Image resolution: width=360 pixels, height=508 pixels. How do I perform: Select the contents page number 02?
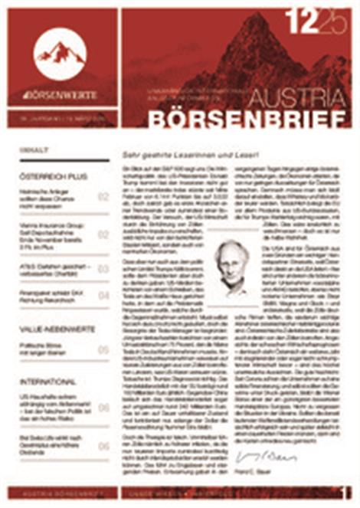[x=103, y=198]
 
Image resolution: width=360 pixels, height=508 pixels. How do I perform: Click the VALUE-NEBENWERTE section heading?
[x=57, y=329]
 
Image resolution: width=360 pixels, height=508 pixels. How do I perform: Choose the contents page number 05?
[x=103, y=350]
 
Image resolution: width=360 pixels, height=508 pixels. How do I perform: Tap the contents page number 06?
[x=103, y=408]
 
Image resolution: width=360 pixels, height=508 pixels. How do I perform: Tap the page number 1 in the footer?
[x=346, y=493]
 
